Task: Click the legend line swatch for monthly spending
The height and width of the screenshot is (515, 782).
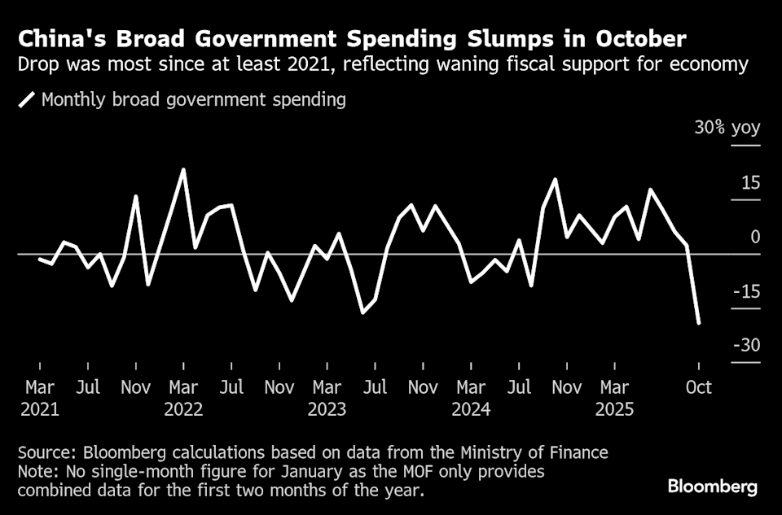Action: pos(27,100)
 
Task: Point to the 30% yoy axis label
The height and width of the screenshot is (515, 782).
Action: pos(727,129)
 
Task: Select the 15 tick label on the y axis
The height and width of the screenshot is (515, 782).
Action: pos(749,183)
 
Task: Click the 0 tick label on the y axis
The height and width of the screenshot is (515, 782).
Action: pos(755,237)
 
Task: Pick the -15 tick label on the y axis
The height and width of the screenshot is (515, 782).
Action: pos(746,291)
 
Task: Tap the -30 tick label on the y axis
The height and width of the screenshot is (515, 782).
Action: pos(746,346)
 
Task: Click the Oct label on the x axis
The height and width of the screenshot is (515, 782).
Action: pos(698,386)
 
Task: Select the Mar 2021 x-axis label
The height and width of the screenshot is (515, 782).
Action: pos(40,398)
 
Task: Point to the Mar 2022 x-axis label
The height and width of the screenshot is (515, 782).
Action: pos(183,398)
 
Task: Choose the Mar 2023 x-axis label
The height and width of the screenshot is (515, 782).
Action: pos(327,398)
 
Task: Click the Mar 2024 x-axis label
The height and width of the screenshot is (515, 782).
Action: pos(472,398)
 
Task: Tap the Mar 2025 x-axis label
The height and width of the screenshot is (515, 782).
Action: pos(615,398)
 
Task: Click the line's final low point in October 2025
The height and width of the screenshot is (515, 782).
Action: pos(699,324)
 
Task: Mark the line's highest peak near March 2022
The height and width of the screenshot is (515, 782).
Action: pos(183,169)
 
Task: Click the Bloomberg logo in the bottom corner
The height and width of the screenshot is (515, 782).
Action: pos(713,487)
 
